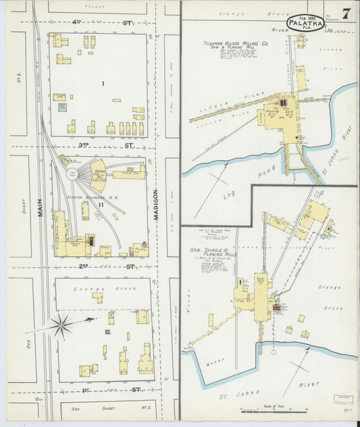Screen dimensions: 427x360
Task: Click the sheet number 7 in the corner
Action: point(345,14)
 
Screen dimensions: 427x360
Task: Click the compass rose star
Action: point(61,326)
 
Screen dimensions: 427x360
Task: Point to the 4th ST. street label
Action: point(101,22)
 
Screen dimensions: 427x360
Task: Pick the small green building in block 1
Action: point(63,106)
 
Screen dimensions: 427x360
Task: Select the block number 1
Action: point(103,83)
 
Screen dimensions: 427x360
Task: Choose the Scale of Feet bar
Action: point(259,409)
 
